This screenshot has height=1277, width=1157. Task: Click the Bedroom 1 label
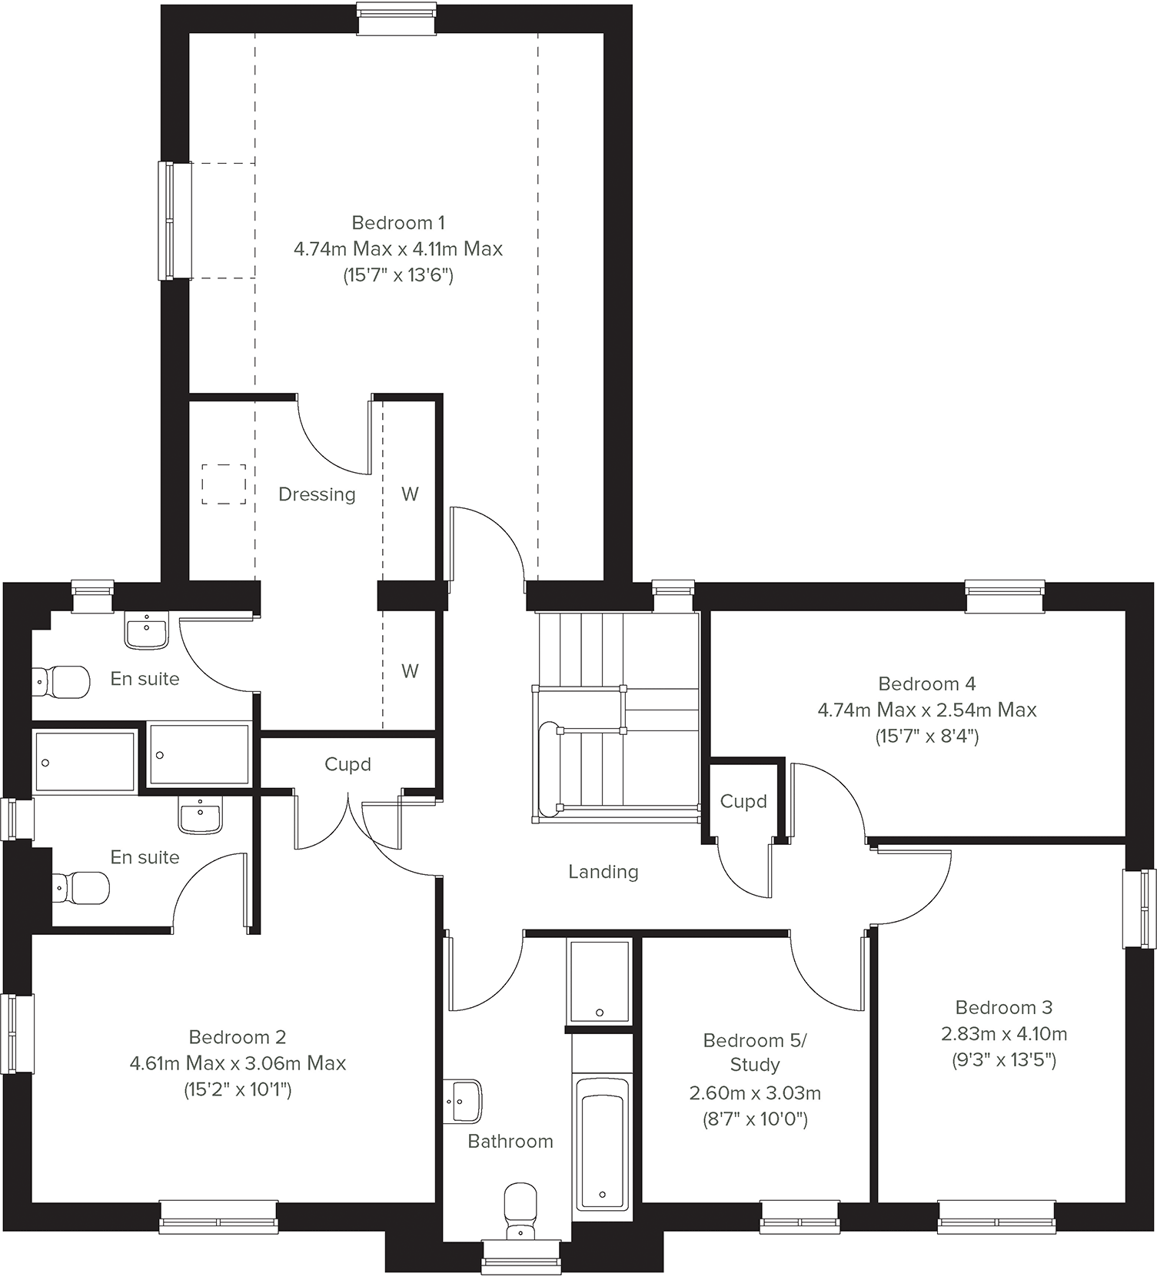[397, 223]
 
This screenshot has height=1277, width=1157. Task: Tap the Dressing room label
[317, 494]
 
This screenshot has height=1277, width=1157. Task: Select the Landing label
[603, 872]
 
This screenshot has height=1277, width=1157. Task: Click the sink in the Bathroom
[464, 1101]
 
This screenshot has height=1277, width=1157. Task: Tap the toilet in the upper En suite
[62, 681]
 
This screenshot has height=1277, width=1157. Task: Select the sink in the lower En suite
[201, 815]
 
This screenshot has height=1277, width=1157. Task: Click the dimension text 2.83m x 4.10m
[1004, 1034]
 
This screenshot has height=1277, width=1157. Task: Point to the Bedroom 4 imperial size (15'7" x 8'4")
[927, 737]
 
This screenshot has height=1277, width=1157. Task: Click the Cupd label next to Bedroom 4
[743, 801]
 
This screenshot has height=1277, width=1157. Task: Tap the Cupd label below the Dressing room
[347, 764]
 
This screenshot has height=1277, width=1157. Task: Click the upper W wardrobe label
[410, 494]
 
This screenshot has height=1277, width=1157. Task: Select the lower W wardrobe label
[410, 671]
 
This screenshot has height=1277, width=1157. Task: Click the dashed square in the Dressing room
[224, 484]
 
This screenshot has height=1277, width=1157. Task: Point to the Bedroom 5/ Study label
[755, 1053]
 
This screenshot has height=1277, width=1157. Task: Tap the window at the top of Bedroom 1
[397, 19]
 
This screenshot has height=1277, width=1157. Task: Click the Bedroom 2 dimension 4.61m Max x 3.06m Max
[238, 1063]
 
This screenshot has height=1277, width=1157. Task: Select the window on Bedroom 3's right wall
[1139, 909]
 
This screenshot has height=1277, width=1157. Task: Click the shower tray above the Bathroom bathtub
[599, 982]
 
